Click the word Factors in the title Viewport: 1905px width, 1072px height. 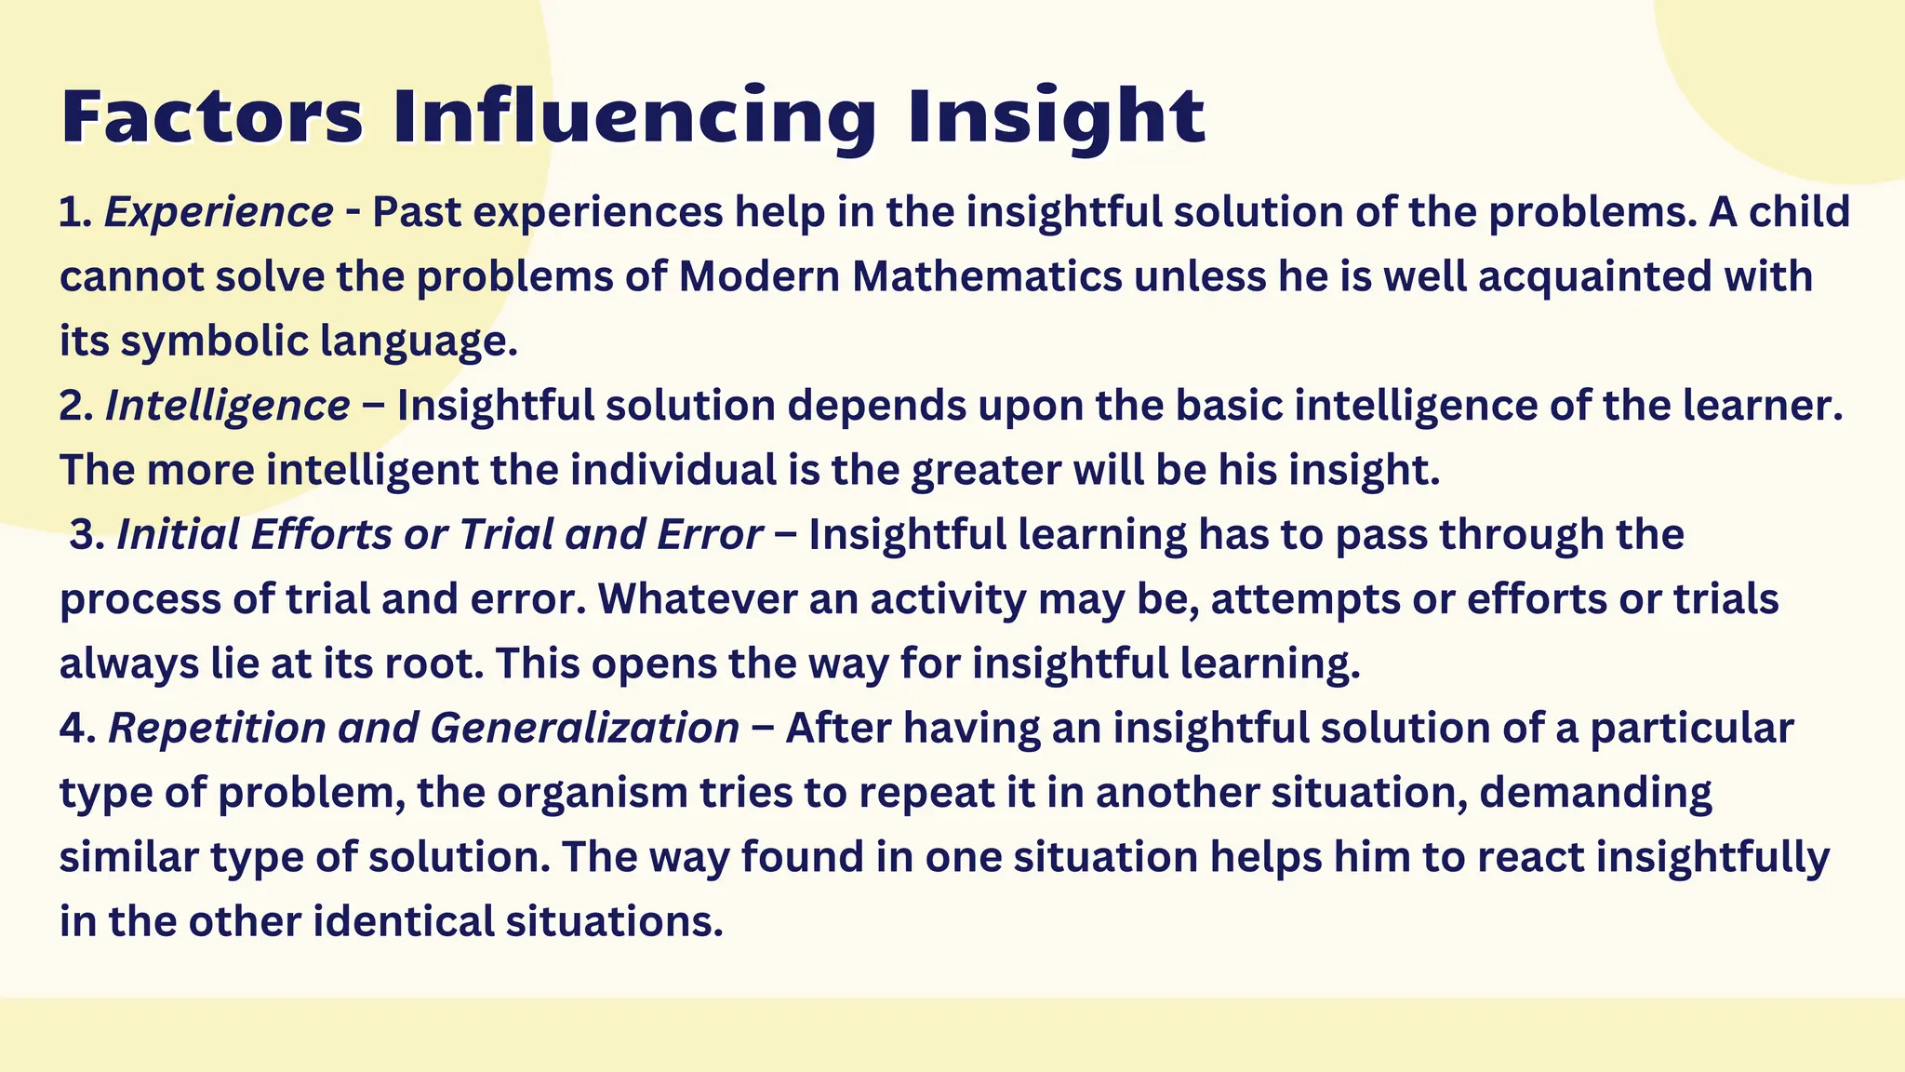pos(212,117)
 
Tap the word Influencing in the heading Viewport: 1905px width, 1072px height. pos(633,119)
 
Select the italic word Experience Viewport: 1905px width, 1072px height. pos(219,213)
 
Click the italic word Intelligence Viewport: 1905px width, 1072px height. pos(228,407)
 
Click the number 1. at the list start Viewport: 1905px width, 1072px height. pos(74,213)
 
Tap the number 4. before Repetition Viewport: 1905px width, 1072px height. pos(77,729)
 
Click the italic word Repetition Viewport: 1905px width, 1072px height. pos(218,729)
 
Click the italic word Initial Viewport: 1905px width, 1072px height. pos(178,535)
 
